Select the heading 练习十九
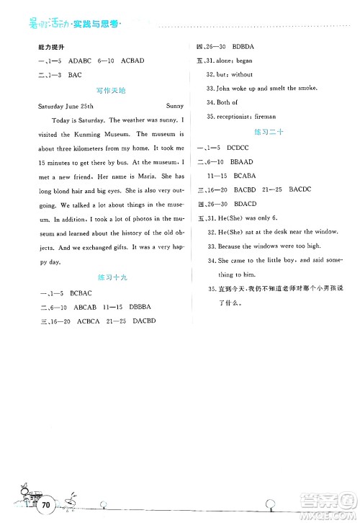pyautogui.click(x=107, y=277)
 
